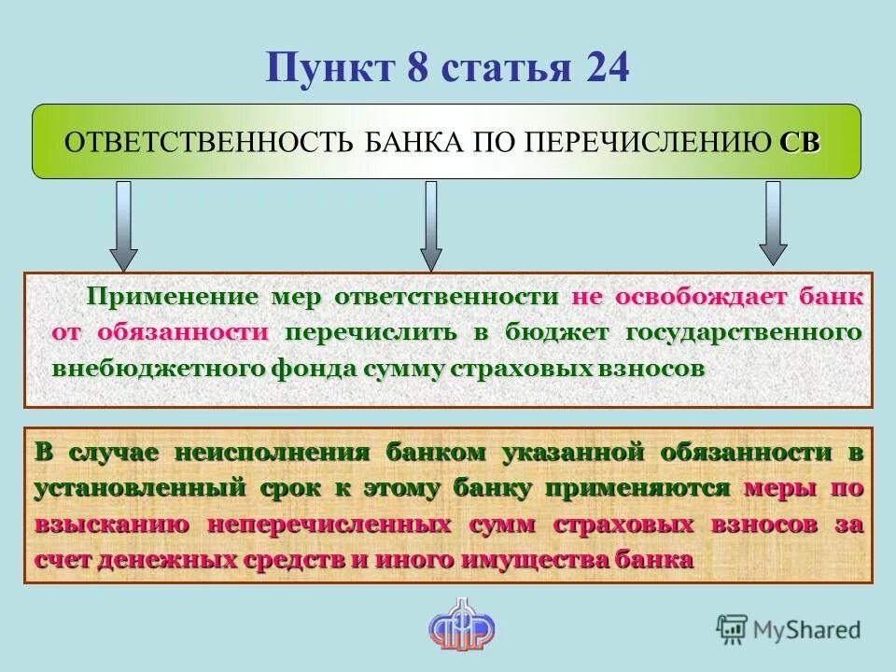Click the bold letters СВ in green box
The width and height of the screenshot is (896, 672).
click(x=800, y=143)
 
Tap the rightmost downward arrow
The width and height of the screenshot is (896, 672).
click(x=773, y=223)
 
